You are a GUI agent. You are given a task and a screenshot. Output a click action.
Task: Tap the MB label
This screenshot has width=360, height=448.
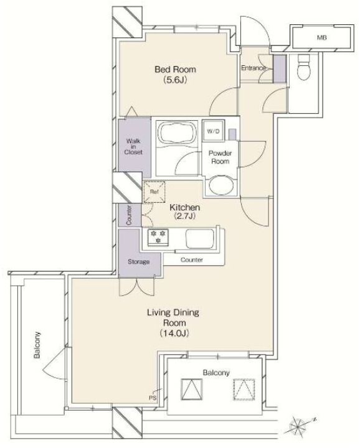point(321,37)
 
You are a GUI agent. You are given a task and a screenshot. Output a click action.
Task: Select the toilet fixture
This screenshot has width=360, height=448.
point(304,67)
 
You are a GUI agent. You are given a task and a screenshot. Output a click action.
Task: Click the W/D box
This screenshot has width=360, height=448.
point(213,131)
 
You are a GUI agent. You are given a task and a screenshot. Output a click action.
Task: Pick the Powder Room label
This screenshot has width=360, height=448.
point(220,157)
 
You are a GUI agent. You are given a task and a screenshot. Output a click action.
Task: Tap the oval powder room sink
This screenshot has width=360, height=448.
point(221,185)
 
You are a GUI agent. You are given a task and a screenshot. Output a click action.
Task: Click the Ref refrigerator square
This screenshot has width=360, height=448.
point(154,192)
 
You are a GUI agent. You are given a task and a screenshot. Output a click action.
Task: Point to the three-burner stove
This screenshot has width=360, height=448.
point(158,237)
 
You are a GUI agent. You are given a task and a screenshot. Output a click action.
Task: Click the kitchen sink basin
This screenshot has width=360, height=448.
point(200,238)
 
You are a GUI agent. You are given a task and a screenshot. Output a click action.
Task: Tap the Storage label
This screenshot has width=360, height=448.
point(138,262)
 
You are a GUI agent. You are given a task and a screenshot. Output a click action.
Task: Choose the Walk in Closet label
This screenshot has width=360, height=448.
point(133,147)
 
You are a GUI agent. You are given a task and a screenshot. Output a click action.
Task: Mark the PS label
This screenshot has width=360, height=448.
point(153,398)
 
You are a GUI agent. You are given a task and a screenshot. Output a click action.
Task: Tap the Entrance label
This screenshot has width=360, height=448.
point(253,68)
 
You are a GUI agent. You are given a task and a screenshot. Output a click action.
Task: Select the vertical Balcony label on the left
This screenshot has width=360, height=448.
point(37,345)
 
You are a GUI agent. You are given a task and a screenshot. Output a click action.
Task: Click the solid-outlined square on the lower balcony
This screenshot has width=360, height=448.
point(192,390)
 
